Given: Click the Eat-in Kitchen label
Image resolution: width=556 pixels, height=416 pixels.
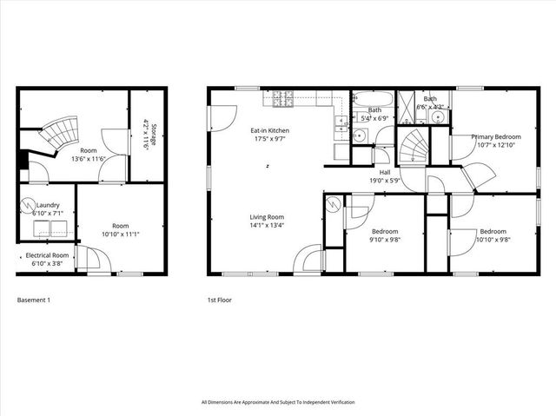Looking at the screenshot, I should pos(272,130).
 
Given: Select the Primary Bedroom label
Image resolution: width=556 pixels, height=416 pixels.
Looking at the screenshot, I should pos(497,136).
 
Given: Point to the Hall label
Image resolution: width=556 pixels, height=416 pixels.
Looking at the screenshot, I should pos(385,172).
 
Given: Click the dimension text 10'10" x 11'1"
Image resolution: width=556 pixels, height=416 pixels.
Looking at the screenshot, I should pos(120,234).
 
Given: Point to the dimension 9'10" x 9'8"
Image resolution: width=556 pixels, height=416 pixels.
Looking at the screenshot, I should pos(385,240).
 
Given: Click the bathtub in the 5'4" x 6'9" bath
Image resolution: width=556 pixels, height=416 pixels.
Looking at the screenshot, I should pos(374,99).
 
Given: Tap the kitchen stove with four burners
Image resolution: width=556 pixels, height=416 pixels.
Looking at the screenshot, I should pos(282,100).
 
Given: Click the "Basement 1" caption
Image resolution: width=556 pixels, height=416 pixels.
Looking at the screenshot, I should pos(35,300).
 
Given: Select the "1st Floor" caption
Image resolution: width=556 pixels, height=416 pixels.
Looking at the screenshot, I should pos(219,300).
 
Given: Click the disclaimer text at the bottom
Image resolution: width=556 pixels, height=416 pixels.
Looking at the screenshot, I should pos(277,402).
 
